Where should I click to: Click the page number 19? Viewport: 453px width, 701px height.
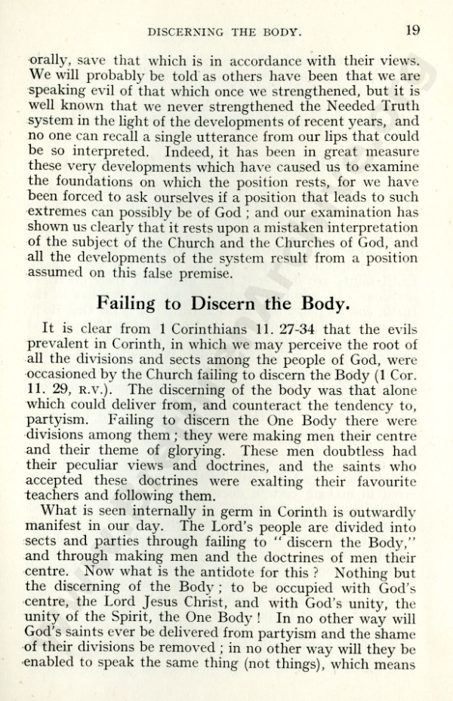pos(412,31)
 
